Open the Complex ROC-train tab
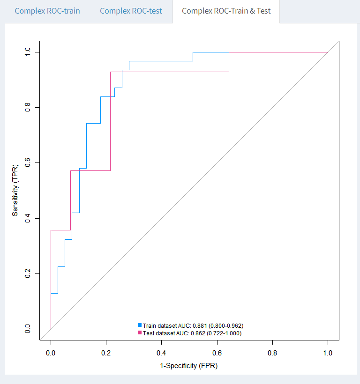click(x=47, y=11)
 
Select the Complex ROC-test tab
click(x=131, y=11)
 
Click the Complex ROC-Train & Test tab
click(x=226, y=11)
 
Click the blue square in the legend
click(x=140, y=325)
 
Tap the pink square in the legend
click(x=140, y=332)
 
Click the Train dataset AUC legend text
click(x=193, y=325)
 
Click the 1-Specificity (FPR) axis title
click(x=189, y=366)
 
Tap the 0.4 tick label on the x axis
click(x=161, y=352)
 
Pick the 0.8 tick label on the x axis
click(x=272, y=352)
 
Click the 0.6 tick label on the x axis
click(x=217, y=352)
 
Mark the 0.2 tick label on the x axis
click(x=106, y=352)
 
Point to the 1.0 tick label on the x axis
click(x=328, y=352)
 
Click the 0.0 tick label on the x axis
click(x=51, y=352)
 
